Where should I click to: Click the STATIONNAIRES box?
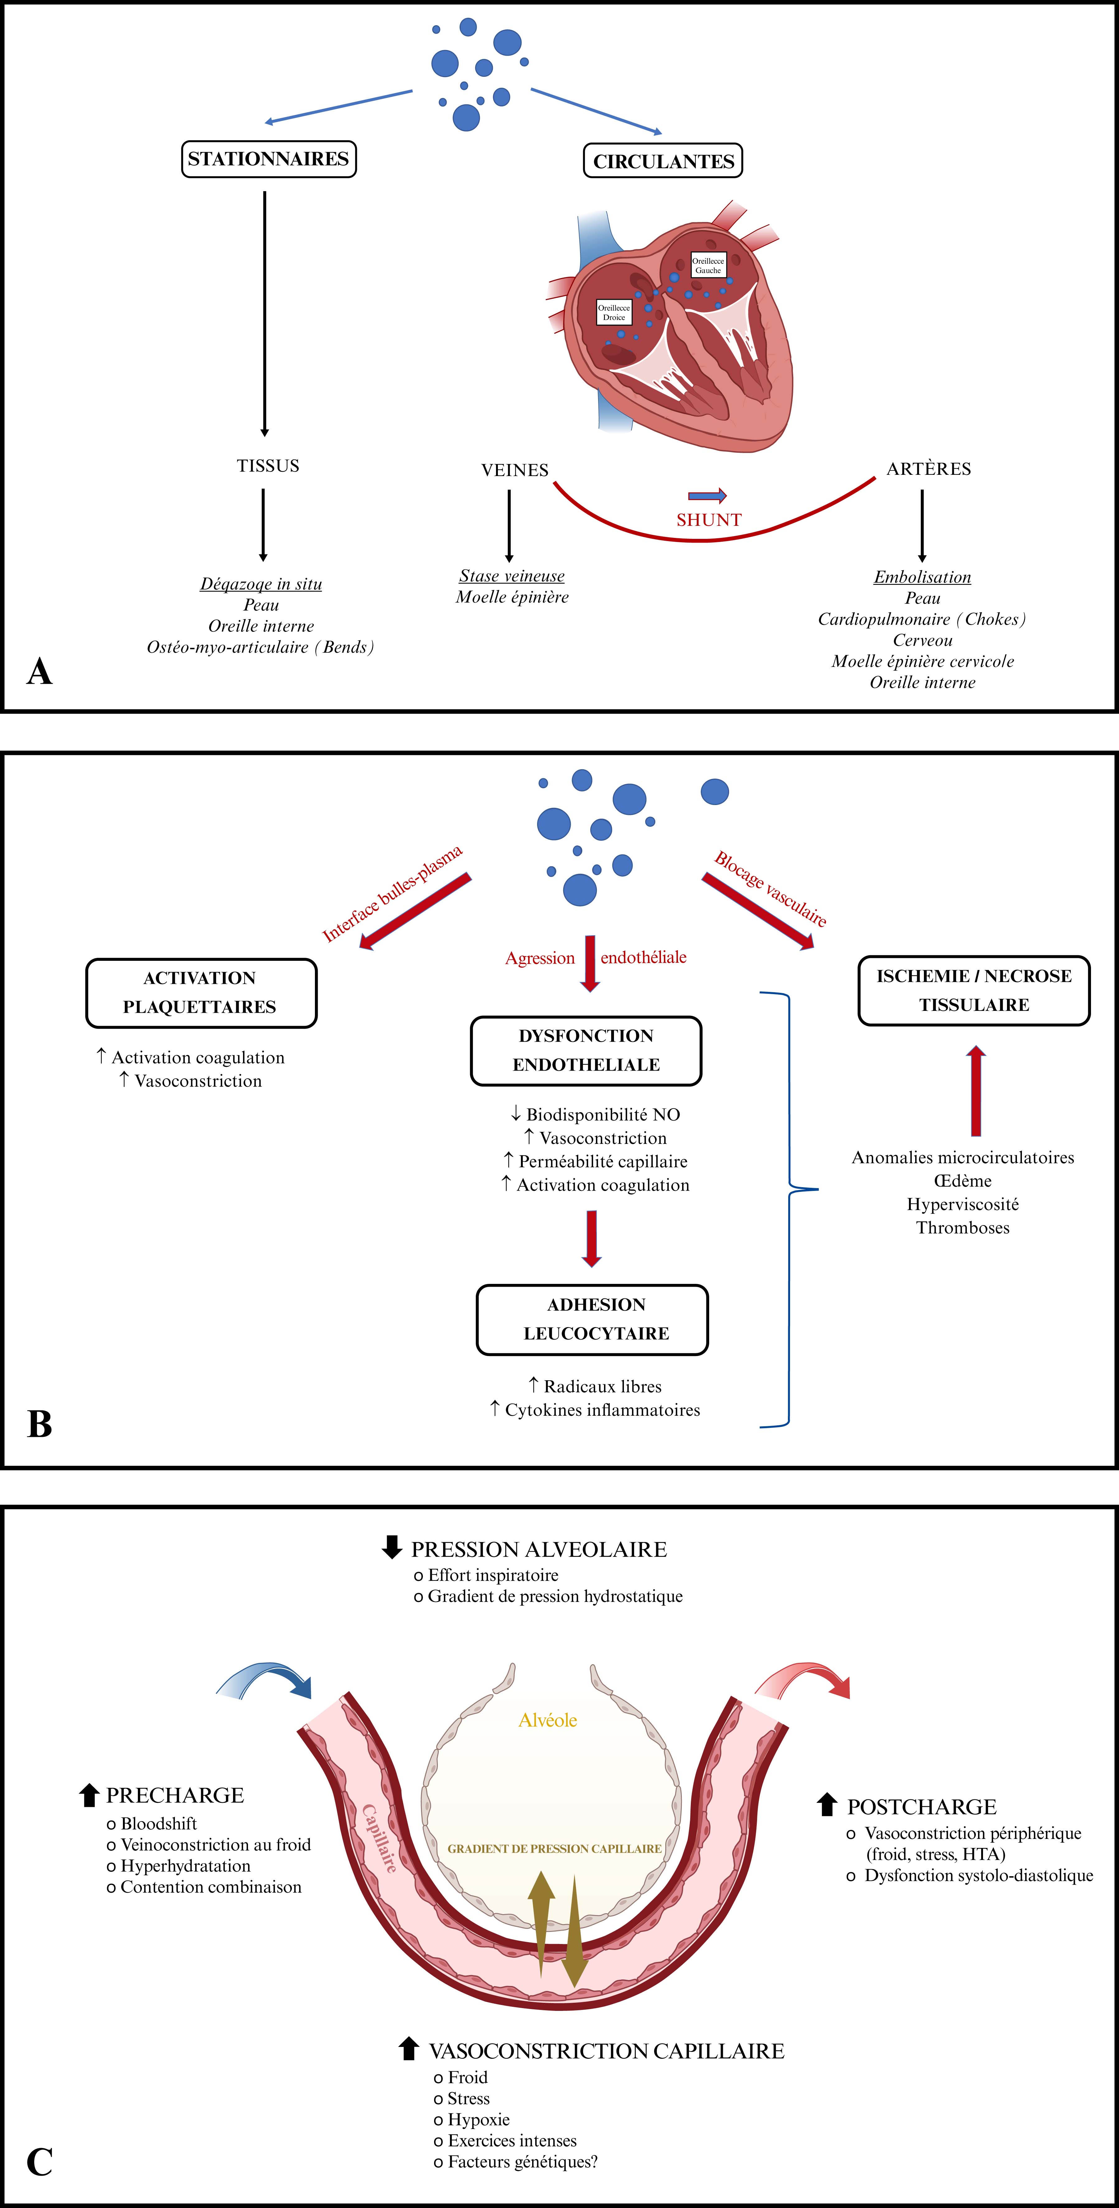pos(268,160)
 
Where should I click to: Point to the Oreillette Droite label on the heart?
pos(614,312)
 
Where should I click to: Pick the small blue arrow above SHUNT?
pos(707,495)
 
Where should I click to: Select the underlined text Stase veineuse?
pos(512,576)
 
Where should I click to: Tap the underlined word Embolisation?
pos(923,577)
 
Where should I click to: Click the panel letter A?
pos(40,671)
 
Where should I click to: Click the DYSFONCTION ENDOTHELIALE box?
pos(586,1051)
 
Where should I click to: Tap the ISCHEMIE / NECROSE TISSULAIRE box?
pos(974,990)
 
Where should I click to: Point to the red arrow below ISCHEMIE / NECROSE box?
pos(976,1090)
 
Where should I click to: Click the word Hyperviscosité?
pos(963,1204)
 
